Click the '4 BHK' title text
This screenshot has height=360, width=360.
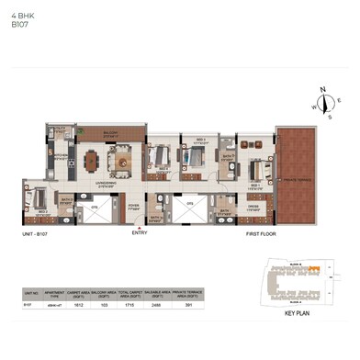[21, 16]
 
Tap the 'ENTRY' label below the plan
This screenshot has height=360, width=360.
[140, 232]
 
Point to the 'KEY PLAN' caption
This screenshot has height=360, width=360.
[297, 314]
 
